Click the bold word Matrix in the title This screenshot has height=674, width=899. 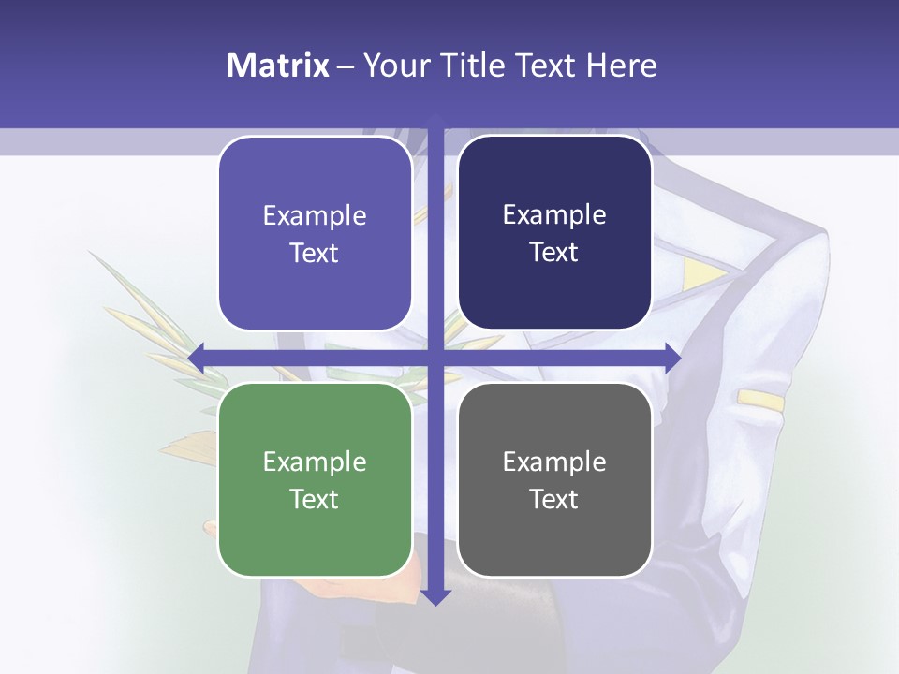pos(278,66)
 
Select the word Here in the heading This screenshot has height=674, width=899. pos(621,66)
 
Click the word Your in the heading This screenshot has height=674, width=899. pos(395,66)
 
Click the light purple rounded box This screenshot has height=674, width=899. pos(315,233)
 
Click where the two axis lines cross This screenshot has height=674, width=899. pos(435,357)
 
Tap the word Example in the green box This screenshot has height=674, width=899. pos(315,462)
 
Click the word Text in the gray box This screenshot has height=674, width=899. pos(554,499)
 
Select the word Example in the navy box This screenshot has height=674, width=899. pos(554,215)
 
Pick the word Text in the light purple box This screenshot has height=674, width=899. pos(315,253)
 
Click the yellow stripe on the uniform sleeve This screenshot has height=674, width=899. pos(759,400)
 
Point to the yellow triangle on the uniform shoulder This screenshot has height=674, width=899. pos(701,273)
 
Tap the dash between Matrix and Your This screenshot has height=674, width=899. pos(346,66)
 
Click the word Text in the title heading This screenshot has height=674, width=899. pos(544,66)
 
